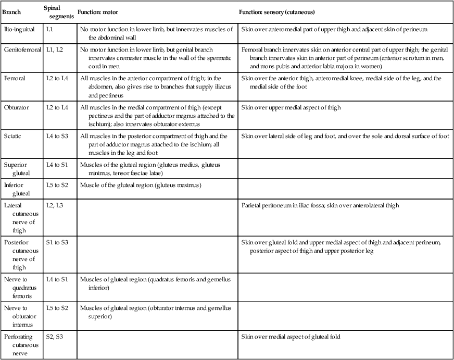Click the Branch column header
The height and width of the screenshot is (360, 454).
[12, 11]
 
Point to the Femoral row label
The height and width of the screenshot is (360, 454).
[15, 79]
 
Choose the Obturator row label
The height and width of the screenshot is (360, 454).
[17, 107]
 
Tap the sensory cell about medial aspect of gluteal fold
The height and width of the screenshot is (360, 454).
[291, 337]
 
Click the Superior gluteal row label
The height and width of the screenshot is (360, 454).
[17, 168]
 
